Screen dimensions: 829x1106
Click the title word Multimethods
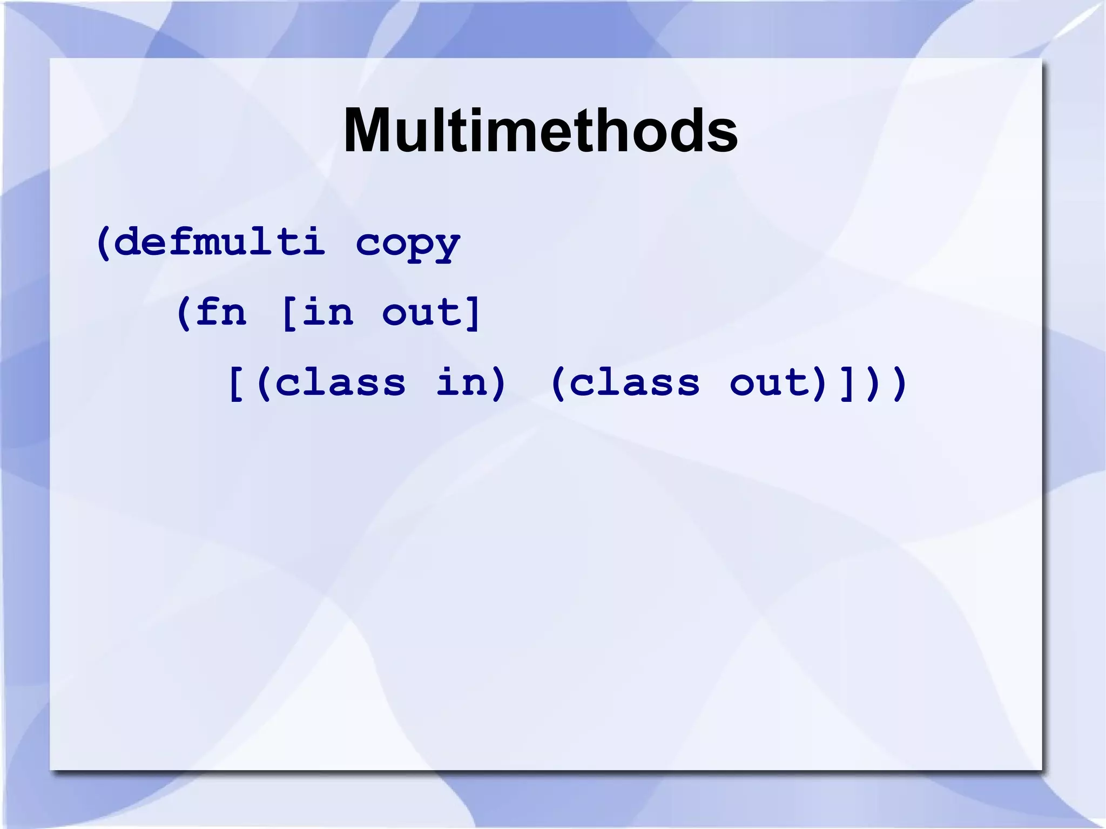tap(540, 131)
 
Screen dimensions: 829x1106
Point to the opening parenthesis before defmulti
tap(103, 243)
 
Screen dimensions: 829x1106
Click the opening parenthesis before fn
tap(184, 313)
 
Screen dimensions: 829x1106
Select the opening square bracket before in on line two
tap(288, 313)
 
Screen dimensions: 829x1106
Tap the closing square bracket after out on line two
tap(474, 313)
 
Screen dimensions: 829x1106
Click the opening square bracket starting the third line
tap(236, 383)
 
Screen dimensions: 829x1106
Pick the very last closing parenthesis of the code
tap(899, 383)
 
